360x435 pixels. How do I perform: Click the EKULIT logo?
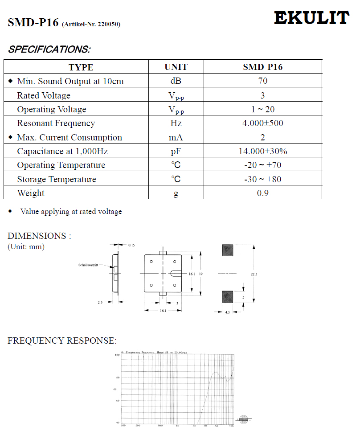pos(311,18)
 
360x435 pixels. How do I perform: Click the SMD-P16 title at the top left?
pos(33,23)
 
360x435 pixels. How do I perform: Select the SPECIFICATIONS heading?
pos(49,49)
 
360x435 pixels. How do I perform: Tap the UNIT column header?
pos(176,67)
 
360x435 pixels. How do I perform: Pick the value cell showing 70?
pos(262,81)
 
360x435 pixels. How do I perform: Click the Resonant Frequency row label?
pos(56,123)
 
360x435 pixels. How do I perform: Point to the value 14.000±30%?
pos(262,151)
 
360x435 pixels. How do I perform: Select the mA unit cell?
pos(176,137)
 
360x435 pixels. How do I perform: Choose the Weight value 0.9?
pos(262,193)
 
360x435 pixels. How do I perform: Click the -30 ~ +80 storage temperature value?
pos(262,179)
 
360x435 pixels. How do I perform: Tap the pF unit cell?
pos(176,152)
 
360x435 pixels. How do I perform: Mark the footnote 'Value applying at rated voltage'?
pos(71,212)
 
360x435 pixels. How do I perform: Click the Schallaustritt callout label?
pos(88,265)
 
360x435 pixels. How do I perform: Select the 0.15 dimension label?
pos(132,245)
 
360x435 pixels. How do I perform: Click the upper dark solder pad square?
pos(227,250)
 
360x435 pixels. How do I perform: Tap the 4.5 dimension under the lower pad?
pos(227,312)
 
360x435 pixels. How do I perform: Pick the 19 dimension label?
pos(201,274)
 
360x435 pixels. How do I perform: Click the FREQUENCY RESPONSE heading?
pos(62,341)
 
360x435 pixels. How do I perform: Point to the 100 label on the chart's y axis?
pos(118,355)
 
